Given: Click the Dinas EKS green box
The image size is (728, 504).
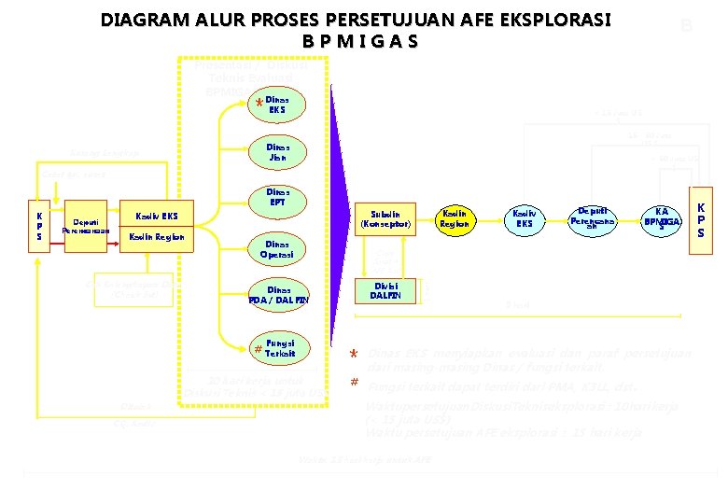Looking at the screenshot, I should [277, 105].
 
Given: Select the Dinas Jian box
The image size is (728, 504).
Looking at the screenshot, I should [277, 152].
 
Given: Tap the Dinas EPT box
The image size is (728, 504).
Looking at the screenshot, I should [277, 197].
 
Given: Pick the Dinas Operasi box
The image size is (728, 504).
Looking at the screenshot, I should [277, 247].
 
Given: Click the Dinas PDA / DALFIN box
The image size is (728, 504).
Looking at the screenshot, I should [277, 295].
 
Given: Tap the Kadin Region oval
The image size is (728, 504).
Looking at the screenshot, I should [455, 219].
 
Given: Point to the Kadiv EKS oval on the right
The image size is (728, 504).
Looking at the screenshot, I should [525, 219].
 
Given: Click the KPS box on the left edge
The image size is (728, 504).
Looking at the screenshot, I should [39, 227].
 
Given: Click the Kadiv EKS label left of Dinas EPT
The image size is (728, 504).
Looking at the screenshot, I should [157, 217].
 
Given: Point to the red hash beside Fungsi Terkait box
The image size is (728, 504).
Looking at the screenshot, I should [257, 349].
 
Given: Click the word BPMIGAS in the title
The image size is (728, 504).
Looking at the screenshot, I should [360, 43].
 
